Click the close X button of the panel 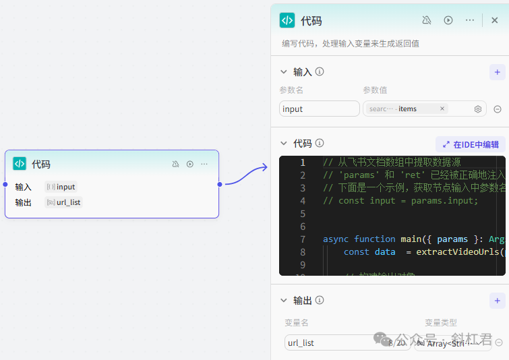(x=494, y=20)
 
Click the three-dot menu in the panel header (x=470, y=20)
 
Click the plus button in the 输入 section (x=497, y=71)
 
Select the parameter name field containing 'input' (x=320, y=109)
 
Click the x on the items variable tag (x=442, y=109)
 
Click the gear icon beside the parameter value (x=478, y=109)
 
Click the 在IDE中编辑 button (x=471, y=144)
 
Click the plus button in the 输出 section (x=497, y=301)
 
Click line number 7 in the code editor (x=303, y=239)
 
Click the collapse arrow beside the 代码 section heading (x=283, y=144)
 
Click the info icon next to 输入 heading (x=320, y=71)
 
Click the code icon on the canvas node (x=20, y=164)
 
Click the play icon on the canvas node (x=190, y=164)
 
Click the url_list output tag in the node (x=64, y=202)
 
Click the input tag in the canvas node (x=61, y=187)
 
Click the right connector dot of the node (x=219, y=184)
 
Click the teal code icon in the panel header (x=287, y=20)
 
